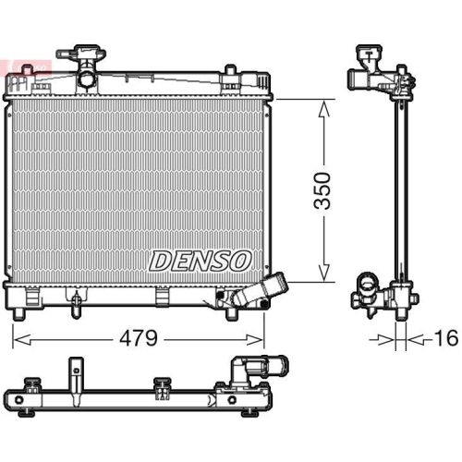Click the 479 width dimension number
click(139, 338)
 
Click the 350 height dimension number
click(322, 190)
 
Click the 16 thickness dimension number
click(447, 338)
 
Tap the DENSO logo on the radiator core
click(201, 261)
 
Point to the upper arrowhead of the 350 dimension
click(323, 110)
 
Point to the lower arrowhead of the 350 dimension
click(323, 273)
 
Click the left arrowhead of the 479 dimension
click(22, 340)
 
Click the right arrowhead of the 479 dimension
click(254, 340)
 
